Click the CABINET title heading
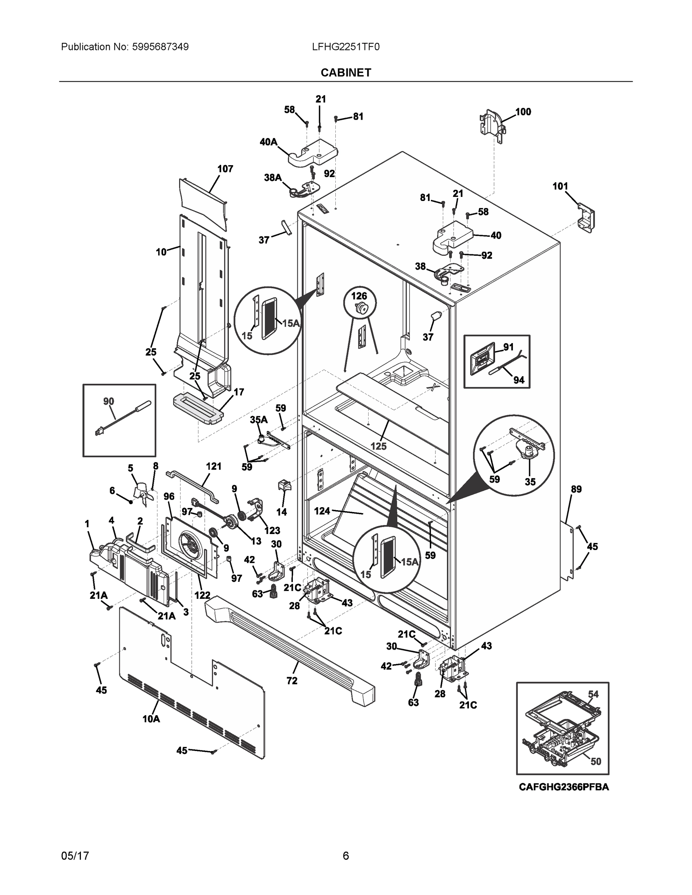tap(345, 73)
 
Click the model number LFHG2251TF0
tap(345, 47)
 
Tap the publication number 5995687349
tap(160, 47)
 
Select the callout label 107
tap(225, 169)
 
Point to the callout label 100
tap(523, 112)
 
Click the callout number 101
tap(560, 186)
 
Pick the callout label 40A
tap(268, 142)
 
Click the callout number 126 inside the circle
tap(359, 296)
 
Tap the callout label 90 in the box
tap(109, 401)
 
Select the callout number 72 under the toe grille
tap(291, 681)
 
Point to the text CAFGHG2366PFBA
tap(563, 787)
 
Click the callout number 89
tap(576, 489)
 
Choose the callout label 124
tap(322, 511)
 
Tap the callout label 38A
tap(273, 178)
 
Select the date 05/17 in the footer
tap(75, 856)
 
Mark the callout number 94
tap(519, 380)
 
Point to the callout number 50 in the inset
tap(595, 761)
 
